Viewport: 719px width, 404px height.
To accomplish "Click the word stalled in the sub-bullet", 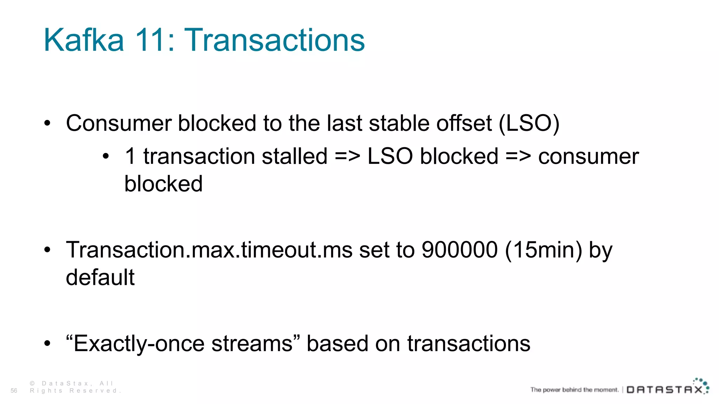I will point(295,156).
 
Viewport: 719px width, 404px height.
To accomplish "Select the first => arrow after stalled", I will point(348,156).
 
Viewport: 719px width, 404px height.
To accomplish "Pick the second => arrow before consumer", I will point(518,156).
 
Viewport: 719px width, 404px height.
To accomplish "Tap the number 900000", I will point(459,250).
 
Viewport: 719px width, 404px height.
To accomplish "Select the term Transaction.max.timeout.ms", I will point(209,250).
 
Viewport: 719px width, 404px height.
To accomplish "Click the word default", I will point(100,277).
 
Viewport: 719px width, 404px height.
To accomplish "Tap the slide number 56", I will point(14,391).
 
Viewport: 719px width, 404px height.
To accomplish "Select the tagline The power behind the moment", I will point(574,390).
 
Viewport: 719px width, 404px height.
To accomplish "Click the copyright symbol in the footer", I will point(32,384).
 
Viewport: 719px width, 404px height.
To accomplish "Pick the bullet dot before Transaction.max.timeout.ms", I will point(47,250).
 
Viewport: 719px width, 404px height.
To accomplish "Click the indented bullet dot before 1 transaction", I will point(106,156).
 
